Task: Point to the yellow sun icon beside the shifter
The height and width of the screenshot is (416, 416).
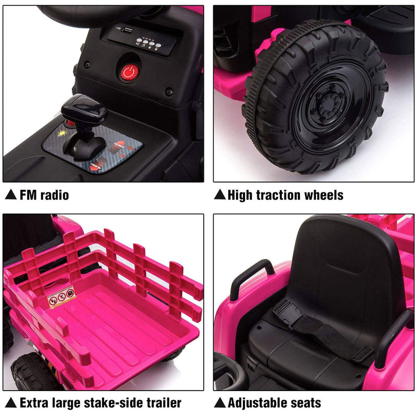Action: click(62, 133)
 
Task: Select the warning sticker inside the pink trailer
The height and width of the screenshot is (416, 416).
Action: click(62, 300)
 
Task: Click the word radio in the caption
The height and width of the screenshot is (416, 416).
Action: click(52, 196)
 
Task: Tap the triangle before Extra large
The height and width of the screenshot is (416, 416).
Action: click(10, 402)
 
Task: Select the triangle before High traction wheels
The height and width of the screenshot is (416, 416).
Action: click(220, 196)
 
